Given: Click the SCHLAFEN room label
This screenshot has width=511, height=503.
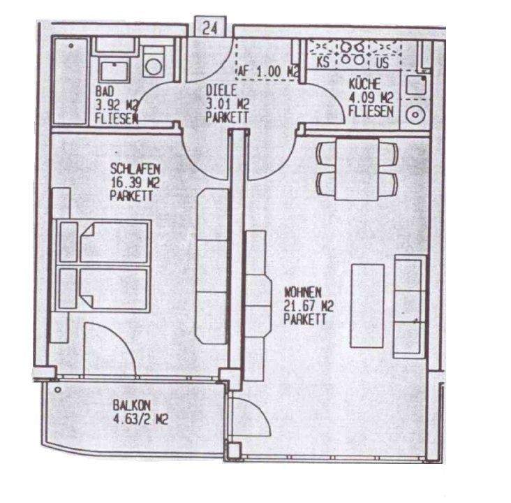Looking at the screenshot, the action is click(x=136, y=168).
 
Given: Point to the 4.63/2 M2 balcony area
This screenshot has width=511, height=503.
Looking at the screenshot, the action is click(x=139, y=419).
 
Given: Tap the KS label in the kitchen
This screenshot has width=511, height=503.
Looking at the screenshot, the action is click(x=324, y=61).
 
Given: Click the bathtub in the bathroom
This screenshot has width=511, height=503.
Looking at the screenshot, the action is click(x=72, y=78).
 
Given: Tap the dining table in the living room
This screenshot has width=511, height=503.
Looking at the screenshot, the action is click(x=357, y=168).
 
